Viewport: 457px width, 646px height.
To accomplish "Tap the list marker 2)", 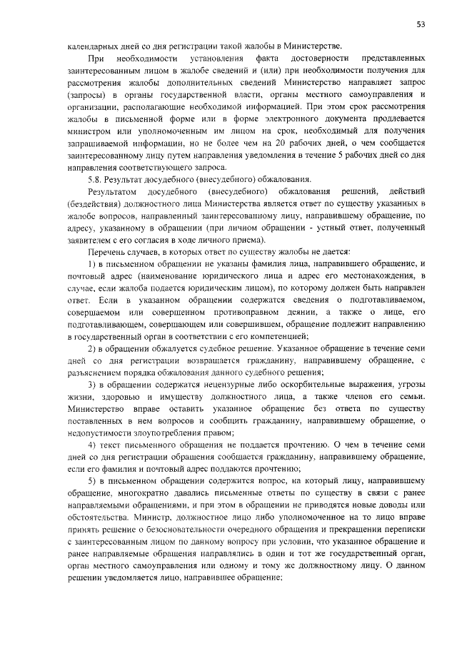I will coord(92,348).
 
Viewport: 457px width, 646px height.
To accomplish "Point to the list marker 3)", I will coord(92,385).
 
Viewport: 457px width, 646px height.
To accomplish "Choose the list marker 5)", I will coord(92,483).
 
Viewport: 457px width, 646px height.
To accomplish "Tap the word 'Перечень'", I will coord(108,251).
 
